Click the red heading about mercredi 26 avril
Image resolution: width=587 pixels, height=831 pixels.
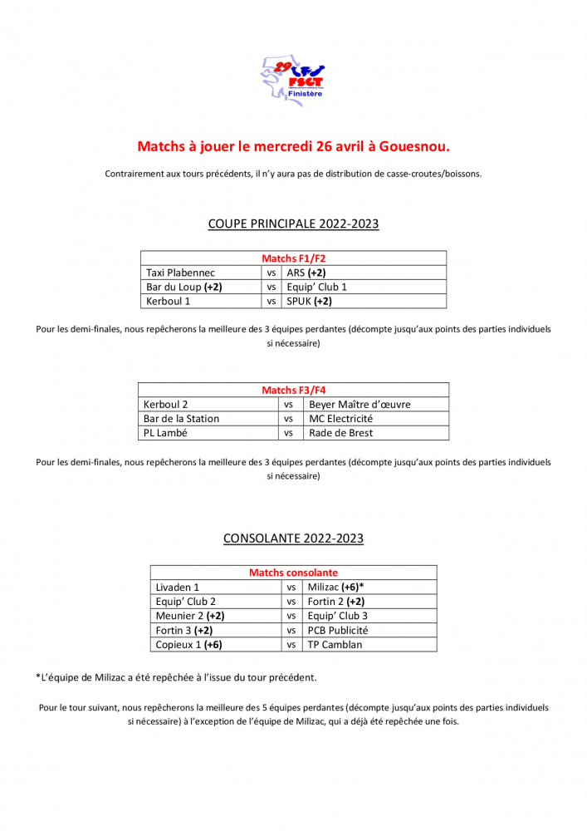[293, 146]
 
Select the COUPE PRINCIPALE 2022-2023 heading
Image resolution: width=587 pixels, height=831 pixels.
[293, 224]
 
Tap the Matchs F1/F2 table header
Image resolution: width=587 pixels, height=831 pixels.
[293, 258]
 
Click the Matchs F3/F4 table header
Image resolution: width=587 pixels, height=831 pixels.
[293, 390]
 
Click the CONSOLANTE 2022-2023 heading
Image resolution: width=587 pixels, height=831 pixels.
[293, 538]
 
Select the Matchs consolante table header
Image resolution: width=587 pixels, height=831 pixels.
[293, 573]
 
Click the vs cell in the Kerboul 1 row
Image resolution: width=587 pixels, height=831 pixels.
[271, 301]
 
